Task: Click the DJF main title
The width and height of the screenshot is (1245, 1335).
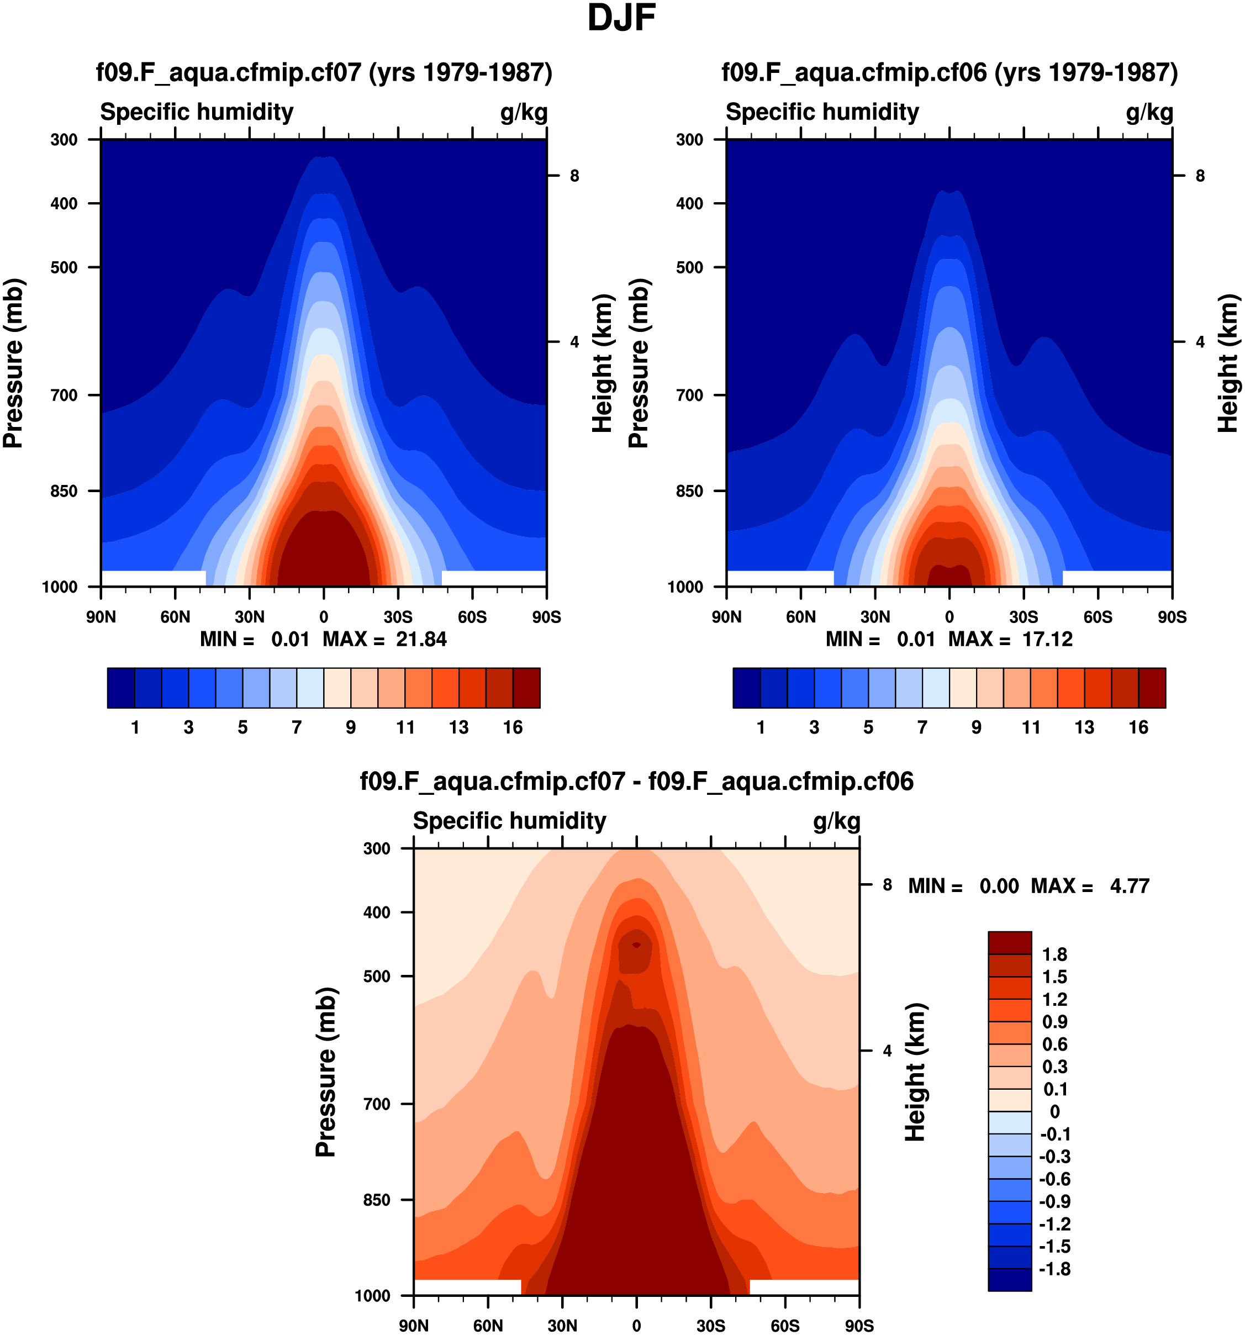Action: pyautogui.click(x=621, y=18)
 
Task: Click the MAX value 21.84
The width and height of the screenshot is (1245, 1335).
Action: pyautogui.click(x=421, y=639)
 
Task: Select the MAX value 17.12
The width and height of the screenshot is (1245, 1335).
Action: pyautogui.click(x=1047, y=639)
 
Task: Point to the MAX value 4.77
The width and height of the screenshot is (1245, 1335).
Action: pyautogui.click(x=1130, y=886)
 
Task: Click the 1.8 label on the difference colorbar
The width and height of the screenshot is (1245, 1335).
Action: pyautogui.click(x=1054, y=954)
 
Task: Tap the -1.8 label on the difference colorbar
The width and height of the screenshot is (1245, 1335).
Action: pyautogui.click(x=1054, y=1269)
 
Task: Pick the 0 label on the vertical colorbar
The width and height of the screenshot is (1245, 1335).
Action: pyautogui.click(x=1054, y=1111)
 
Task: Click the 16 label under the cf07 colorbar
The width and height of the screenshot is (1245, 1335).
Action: pyautogui.click(x=513, y=727)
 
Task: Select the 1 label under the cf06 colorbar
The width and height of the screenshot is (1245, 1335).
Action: pyautogui.click(x=761, y=727)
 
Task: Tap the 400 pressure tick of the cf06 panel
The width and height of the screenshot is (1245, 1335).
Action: pyautogui.click(x=690, y=203)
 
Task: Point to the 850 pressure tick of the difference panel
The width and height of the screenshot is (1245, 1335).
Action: pyautogui.click(x=376, y=1199)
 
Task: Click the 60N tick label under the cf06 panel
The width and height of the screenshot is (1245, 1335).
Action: pyautogui.click(x=800, y=616)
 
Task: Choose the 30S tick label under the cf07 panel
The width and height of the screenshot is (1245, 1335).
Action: pyautogui.click(x=398, y=616)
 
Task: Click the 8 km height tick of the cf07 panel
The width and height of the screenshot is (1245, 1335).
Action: pyautogui.click(x=574, y=176)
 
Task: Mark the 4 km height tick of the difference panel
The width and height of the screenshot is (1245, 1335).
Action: pyautogui.click(x=887, y=1051)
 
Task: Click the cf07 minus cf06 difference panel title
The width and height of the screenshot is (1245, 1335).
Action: pyautogui.click(x=637, y=781)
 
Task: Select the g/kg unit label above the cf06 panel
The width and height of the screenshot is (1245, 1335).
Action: pyautogui.click(x=1149, y=112)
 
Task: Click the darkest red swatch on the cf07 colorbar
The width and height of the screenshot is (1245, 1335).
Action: pyautogui.click(x=526, y=688)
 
